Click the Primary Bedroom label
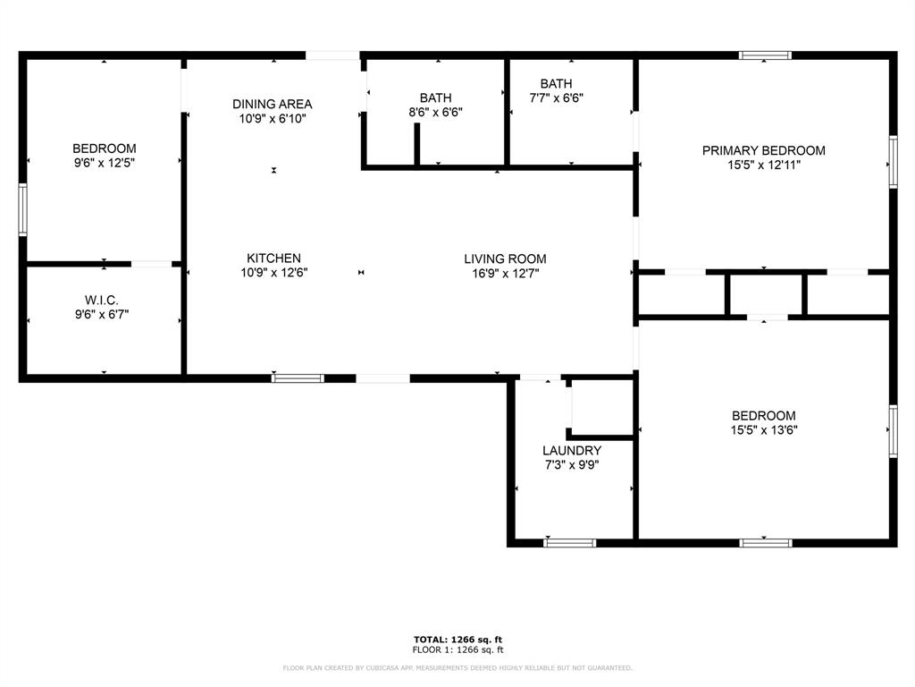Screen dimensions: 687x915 coord(763,150)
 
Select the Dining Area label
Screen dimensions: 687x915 coord(273,104)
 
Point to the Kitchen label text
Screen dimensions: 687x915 coord(273,259)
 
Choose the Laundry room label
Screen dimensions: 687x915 coord(572,450)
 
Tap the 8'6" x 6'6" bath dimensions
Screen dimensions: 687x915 coord(435,113)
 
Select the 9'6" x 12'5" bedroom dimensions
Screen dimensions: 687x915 coord(104,163)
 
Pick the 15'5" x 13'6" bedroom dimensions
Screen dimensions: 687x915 coord(763,430)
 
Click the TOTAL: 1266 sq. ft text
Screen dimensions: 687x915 coord(457,639)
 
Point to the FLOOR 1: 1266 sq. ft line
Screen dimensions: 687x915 coord(457,649)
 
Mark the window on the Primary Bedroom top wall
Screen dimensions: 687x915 coord(765,55)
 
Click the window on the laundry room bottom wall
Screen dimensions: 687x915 coord(570,542)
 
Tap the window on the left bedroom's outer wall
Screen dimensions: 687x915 coord(22,209)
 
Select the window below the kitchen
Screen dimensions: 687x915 coord(298,378)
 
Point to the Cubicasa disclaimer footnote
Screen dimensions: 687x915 coord(457,668)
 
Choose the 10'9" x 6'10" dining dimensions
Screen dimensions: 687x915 coord(273,118)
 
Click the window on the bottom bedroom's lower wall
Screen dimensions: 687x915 coord(766,542)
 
